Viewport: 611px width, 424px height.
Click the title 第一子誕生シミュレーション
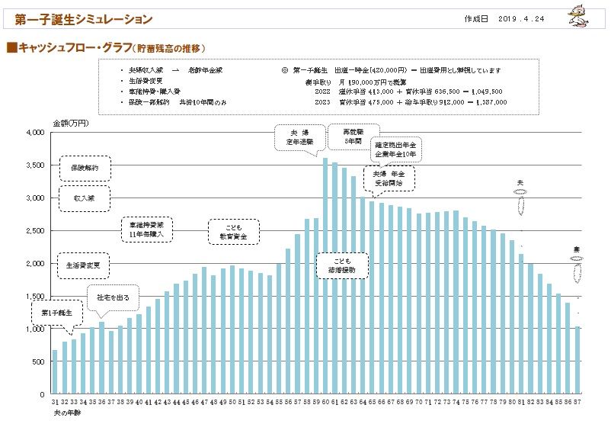tap(83, 19)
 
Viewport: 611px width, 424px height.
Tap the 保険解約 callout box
tap(85, 167)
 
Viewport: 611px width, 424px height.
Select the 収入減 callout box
tap(85, 198)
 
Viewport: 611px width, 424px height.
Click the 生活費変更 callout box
tap(85, 265)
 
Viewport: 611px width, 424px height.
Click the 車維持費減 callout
tap(148, 230)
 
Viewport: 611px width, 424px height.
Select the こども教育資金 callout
tap(233, 232)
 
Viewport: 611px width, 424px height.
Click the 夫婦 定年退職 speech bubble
tap(297, 137)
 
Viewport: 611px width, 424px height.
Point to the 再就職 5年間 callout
tap(352, 135)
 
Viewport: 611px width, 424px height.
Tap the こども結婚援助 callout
tap(341, 265)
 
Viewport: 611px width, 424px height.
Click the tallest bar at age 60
tap(325, 276)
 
